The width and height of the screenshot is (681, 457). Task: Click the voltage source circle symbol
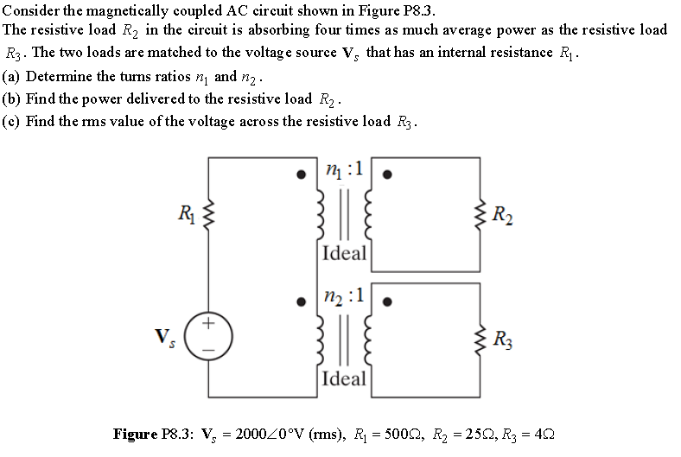click(x=207, y=333)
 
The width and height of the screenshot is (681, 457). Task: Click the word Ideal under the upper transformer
click(x=343, y=254)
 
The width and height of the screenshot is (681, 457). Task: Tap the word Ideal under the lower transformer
click(x=343, y=378)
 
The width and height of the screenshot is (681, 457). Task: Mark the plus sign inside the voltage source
click(x=207, y=324)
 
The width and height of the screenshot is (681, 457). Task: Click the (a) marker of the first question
click(x=11, y=76)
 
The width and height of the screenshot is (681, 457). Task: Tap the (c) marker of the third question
click(x=11, y=121)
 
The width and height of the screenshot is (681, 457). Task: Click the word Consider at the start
click(x=29, y=10)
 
